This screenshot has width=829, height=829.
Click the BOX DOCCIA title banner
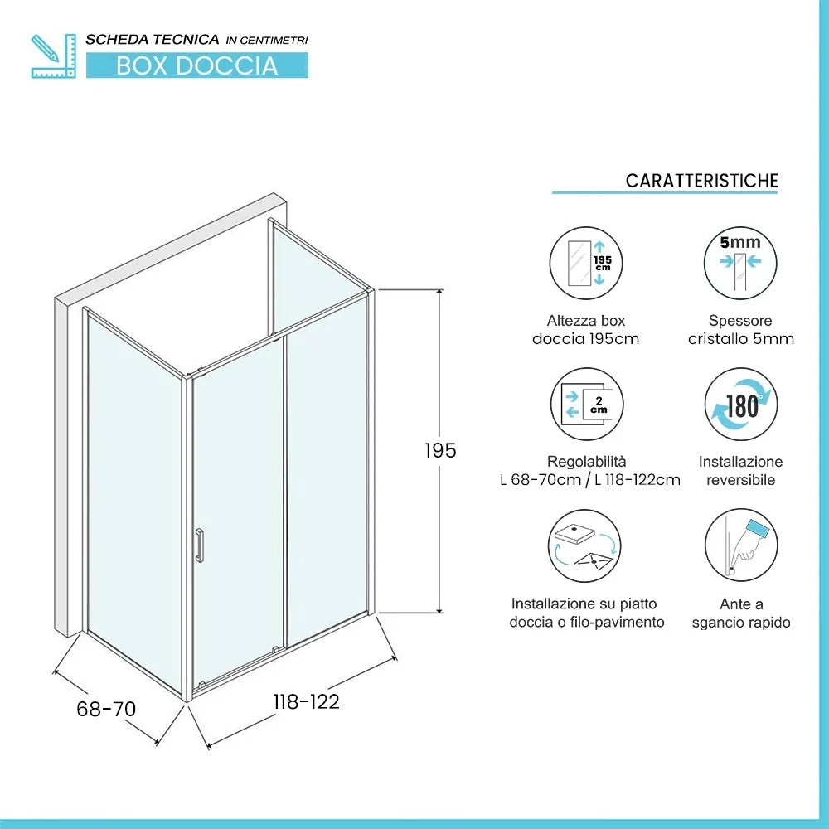[196, 65]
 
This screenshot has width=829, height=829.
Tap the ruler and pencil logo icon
[52, 56]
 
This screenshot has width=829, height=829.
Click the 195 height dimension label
[440, 450]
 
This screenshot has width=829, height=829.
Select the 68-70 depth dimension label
[106, 709]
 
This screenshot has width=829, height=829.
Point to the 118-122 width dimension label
[307, 701]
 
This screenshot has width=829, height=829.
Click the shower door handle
[199, 545]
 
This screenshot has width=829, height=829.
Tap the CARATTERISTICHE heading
[701, 181]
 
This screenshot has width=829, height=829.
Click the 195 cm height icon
[586, 264]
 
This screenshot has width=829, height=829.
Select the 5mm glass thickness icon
[740, 264]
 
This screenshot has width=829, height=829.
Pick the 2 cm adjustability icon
[586, 404]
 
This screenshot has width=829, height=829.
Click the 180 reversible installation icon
[740, 404]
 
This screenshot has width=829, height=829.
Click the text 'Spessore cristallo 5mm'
[740, 329]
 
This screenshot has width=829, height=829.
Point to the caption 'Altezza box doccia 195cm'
[586, 329]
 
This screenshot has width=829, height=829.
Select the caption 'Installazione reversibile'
[740, 470]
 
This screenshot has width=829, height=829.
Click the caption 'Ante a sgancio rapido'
[740, 613]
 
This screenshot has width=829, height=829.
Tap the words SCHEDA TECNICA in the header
[153, 39]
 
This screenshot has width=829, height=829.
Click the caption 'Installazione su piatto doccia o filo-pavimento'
[586, 613]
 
